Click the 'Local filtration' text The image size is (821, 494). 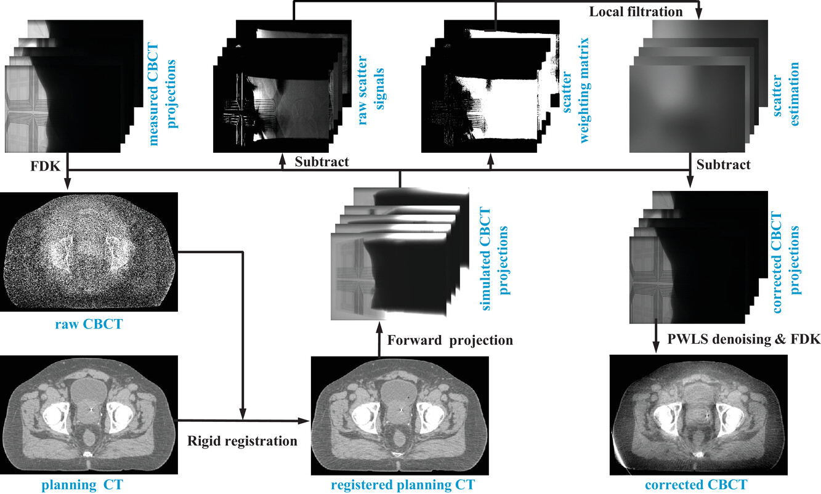[x=635, y=12]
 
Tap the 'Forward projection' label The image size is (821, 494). [x=449, y=340]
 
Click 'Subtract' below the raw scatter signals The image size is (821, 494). [x=322, y=163]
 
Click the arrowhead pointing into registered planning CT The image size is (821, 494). [x=305, y=421]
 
